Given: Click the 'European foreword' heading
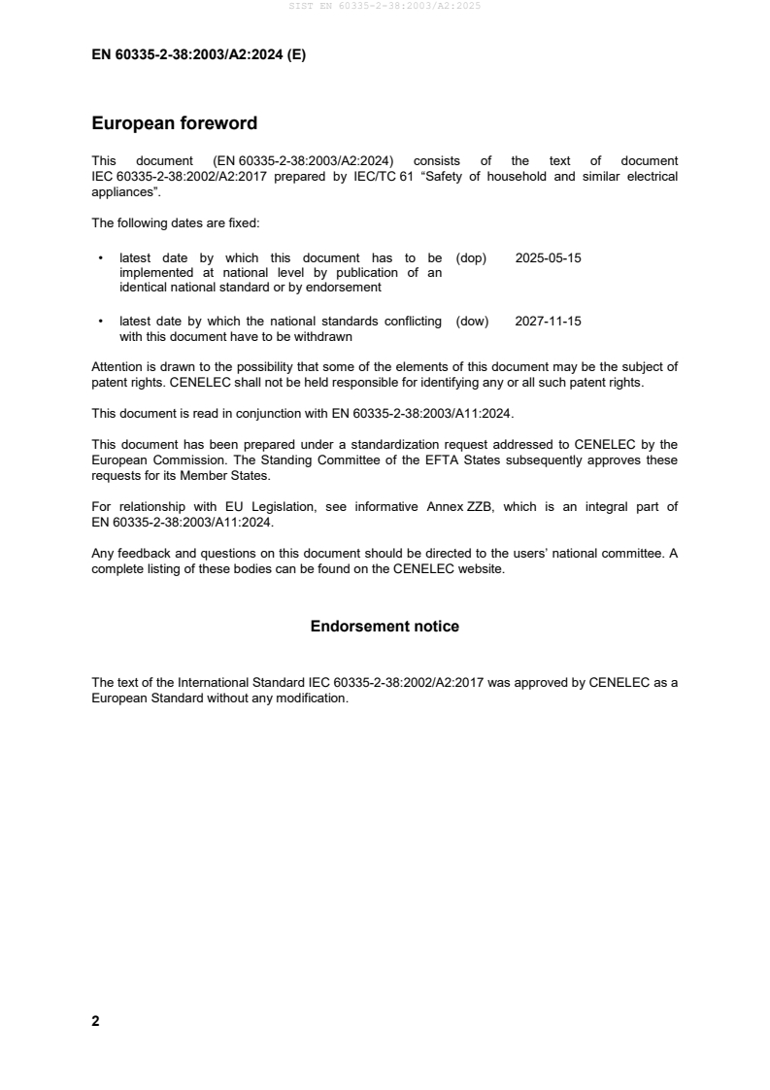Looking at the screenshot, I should (x=174, y=124).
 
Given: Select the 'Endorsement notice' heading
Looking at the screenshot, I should (x=385, y=627).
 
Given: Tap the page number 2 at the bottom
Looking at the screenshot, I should (x=95, y=1021).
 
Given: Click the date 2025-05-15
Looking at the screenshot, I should (x=548, y=258).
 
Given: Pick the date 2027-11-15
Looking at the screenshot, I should (x=548, y=321).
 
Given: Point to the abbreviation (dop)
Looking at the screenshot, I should (x=471, y=258).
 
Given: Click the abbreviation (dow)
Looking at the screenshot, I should (x=472, y=321).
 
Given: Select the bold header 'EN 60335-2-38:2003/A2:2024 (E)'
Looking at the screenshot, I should (x=198, y=55).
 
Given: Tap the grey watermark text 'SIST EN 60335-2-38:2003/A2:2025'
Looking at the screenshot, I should (x=385, y=6).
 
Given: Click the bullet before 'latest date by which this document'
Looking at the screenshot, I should (x=100, y=259).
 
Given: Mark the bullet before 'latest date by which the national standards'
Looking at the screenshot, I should (x=100, y=322).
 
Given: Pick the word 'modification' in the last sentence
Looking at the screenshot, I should (x=310, y=698).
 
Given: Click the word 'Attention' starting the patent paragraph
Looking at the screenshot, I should (x=117, y=366).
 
